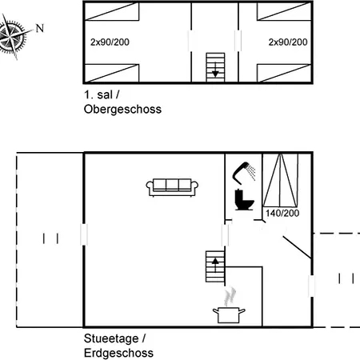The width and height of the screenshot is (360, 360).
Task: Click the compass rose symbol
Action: point(13,37)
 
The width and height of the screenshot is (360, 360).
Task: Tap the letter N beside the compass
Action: point(40,28)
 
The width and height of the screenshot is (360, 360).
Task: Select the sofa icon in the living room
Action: point(172,187)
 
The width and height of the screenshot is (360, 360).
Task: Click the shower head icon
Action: point(244,173)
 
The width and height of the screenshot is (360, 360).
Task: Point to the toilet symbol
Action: point(244,199)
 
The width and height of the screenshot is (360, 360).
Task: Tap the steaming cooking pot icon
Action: point(229,306)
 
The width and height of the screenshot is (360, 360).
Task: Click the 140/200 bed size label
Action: point(282,213)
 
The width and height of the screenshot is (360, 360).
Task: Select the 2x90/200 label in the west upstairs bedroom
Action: point(110,42)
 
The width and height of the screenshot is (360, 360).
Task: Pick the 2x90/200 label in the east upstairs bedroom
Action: point(288,42)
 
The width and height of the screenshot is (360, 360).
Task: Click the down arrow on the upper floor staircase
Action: point(215,70)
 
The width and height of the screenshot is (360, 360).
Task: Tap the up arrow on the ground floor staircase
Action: point(215,265)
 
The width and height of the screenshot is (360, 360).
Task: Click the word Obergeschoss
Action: point(122,110)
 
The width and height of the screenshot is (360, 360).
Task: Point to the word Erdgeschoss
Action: point(118,353)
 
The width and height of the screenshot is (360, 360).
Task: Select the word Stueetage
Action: point(111,339)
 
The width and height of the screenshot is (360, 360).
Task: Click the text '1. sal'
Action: point(98,95)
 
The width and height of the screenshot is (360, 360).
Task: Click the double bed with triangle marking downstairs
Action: point(280,180)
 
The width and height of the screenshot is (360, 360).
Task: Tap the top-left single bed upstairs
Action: point(112,11)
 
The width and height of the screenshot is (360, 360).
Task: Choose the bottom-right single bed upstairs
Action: point(284,73)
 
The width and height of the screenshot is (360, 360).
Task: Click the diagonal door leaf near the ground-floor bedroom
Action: point(297,247)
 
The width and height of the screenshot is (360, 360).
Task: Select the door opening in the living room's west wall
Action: point(84,234)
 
